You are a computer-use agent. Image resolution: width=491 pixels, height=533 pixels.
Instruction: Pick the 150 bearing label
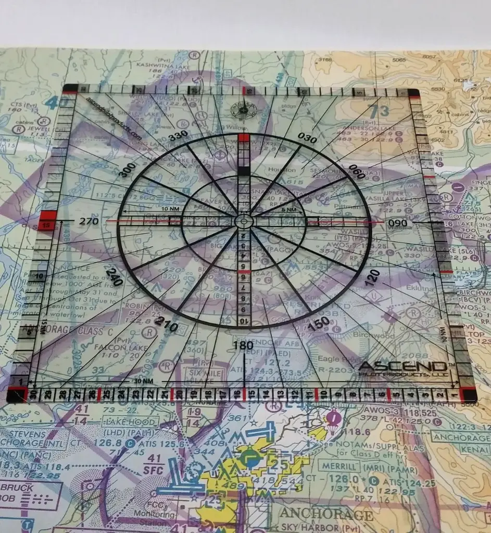pyautogui.click(x=319, y=323)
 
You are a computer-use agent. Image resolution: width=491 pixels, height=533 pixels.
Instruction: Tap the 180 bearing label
pyautogui.click(x=243, y=346)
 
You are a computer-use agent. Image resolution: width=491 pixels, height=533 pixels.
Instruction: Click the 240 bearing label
pyautogui.click(x=115, y=276)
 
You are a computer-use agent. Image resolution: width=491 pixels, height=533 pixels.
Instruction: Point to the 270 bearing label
pyautogui.click(x=89, y=221)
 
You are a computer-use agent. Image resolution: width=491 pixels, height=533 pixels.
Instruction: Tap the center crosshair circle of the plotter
pyautogui.click(x=243, y=221)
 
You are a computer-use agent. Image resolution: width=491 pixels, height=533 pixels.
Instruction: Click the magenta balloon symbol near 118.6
pyautogui.click(x=333, y=417)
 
